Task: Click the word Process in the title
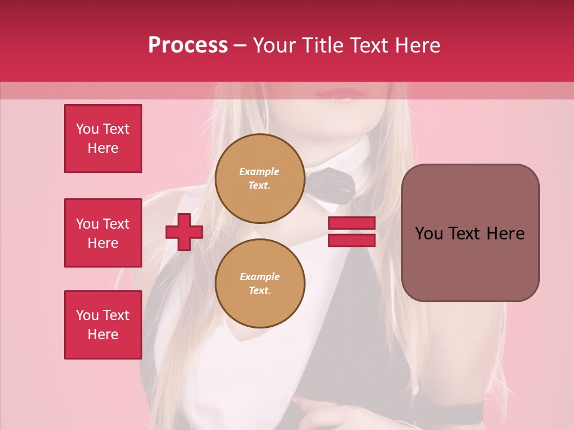188,45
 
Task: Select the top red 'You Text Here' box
103,139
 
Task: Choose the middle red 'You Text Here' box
103,233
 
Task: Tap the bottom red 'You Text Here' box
103,324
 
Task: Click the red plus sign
184,232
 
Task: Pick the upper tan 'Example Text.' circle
259,179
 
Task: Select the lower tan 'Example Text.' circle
259,283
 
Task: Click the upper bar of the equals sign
352,223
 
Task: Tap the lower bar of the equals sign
352,240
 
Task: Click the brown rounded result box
470,233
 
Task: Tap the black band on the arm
448,411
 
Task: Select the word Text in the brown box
464,234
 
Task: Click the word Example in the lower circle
259,277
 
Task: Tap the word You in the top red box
87,129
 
